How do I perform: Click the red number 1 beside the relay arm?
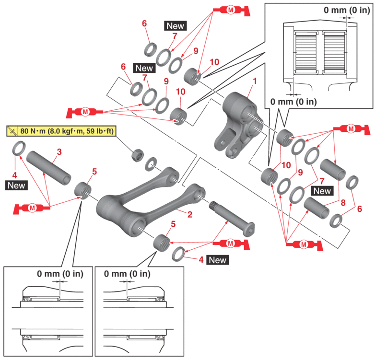[255, 81]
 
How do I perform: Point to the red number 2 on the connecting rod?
[190, 214]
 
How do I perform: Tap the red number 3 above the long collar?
[59, 152]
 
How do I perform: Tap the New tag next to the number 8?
[322, 191]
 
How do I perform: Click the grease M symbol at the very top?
[231, 10]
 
